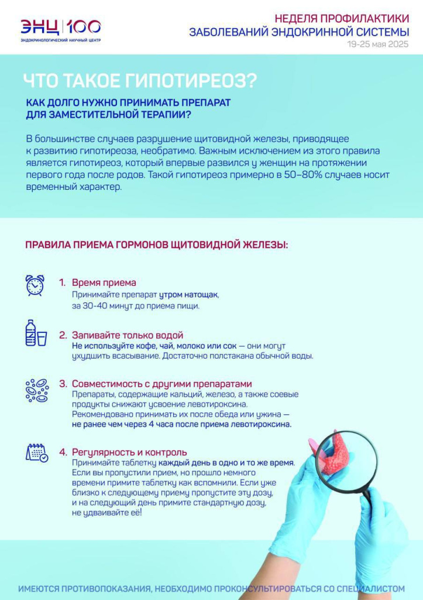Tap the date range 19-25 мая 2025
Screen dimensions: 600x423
377,44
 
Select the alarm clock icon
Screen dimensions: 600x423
35,285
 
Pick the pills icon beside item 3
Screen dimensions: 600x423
36,390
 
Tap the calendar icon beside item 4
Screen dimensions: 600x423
36,452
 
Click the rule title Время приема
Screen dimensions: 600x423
104,282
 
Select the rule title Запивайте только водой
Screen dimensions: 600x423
128,335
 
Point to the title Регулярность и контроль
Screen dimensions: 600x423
129,452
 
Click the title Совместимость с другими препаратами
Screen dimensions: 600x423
161,384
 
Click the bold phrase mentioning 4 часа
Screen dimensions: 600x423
181,424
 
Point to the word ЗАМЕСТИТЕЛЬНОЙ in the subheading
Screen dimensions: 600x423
90,114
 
